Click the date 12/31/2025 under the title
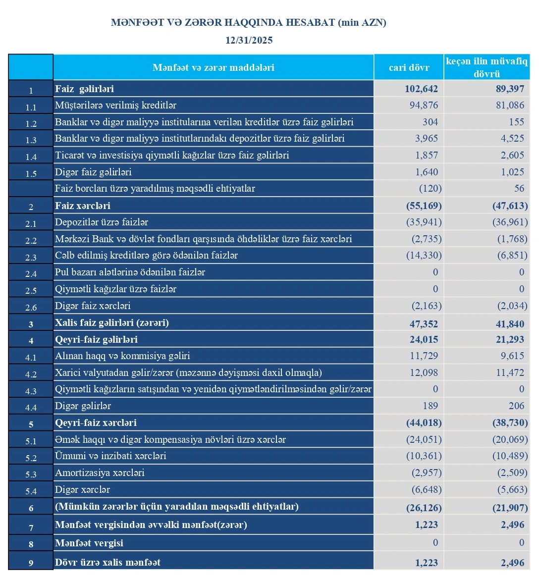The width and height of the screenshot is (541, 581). tap(249, 40)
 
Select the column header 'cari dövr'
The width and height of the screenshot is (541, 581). tap(409, 67)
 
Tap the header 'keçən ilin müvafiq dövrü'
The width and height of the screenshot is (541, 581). tap(487, 67)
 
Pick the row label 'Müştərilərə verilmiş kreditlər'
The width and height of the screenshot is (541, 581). tap(115, 106)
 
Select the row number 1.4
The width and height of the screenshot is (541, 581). tap(31, 157)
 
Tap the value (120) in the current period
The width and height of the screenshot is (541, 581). tap(430, 189)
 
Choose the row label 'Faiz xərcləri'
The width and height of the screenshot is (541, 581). tap(83, 206)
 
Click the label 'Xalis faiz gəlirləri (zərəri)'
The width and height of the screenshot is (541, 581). tap(112, 323)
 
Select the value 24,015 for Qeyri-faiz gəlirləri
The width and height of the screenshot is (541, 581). tap(424, 340)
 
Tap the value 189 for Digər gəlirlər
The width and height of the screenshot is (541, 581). tap(430, 406)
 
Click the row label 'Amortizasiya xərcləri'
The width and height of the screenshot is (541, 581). tap(100, 473)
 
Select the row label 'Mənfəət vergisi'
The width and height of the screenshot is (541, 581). tap(89, 543)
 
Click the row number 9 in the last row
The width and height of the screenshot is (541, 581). tap(31, 563)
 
